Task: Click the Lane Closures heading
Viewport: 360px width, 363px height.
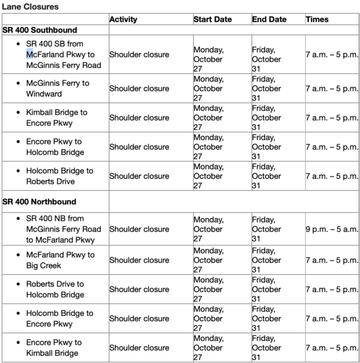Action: (x=30, y=7)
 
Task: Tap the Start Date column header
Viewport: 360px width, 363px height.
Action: (x=213, y=20)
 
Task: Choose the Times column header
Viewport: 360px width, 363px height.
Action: (x=317, y=20)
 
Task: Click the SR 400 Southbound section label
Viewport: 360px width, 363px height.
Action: (x=39, y=30)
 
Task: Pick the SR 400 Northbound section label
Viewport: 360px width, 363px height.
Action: (x=39, y=201)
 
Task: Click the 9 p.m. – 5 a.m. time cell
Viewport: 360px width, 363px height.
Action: (x=332, y=229)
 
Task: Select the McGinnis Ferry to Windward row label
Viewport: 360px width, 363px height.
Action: (x=57, y=88)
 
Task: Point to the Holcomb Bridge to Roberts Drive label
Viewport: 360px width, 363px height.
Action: (x=60, y=176)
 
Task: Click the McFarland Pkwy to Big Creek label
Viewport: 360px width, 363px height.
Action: (x=60, y=260)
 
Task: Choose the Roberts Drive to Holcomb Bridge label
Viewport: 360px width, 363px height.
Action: (x=55, y=289)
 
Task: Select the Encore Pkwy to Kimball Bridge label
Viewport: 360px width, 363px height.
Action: (x=54, y=348)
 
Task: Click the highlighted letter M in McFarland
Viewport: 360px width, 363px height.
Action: (x=30, y=55)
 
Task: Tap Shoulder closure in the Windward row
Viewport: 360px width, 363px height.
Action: (x=139, y=88)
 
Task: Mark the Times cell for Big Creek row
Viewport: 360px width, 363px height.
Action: (x=332, y=260)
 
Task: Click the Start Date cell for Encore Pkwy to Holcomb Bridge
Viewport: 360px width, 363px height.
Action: (x=209, y=147)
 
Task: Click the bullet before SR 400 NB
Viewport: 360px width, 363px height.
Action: (x=19, y=218)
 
